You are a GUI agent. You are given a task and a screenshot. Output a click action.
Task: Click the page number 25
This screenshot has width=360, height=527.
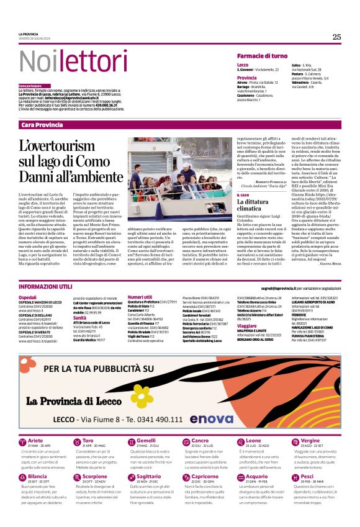(336, 37)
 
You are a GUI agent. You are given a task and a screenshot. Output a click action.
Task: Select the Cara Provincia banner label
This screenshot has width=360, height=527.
(42, 125)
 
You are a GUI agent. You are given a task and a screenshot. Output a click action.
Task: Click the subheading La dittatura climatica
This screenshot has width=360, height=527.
(254, 205)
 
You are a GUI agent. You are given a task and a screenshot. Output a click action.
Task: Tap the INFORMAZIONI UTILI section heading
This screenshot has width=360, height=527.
(45, 287)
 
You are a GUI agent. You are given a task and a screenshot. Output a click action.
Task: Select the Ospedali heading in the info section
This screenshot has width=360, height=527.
(28, 298)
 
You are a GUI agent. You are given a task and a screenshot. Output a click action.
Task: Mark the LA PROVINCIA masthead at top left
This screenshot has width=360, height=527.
(29, 34)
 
